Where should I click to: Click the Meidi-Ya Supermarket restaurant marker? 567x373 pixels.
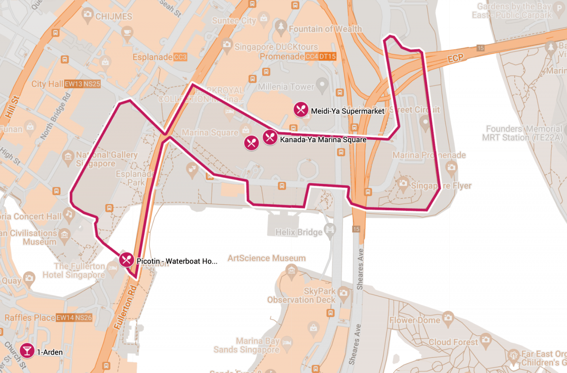point(301,110)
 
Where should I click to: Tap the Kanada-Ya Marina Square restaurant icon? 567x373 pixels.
point(270,137)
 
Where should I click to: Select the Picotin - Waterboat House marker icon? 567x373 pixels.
point(126,260)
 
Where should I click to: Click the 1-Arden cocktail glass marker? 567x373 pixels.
point(27,351)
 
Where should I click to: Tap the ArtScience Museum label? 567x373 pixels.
point(266,258)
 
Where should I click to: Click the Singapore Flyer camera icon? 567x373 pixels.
point(403,182)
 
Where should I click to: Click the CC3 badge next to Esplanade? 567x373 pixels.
point(180,57)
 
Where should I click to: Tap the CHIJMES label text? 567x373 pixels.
point(113,17)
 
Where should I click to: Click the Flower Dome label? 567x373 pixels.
point(414,321)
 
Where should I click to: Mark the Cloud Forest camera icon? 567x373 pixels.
point(485,339)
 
